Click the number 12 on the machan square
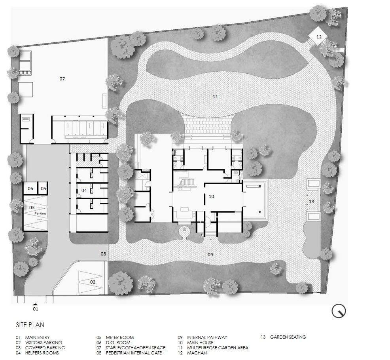click(319, 37)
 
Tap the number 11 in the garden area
click(215, 97)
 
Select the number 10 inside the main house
click(211, 196)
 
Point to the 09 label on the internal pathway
click(210, 254)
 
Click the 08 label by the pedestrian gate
click(103, 254)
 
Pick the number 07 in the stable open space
click(62, 79)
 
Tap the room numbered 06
click(30, 189)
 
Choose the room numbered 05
click(43, 189)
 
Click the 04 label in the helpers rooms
click(84, 190)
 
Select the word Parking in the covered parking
click(40, 213)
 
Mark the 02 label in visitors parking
click(93, 282)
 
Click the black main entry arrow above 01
click(35, 304)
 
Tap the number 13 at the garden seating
click(311, 202)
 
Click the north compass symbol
click(339, 311)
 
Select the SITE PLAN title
click(30, 325)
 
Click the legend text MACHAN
click(197, 353)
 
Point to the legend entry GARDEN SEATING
click(288, 337)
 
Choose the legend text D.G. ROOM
click(118, 343)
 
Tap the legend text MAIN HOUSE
click(200, 343)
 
